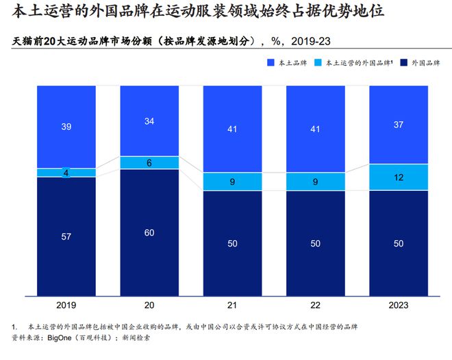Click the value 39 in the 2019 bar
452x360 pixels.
pyautogui.click(x=66, y=127)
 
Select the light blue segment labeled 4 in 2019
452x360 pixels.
pyautogui.click(x=66, y=172)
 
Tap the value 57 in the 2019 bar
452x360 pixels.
pyautogui.click(x=66, y=236)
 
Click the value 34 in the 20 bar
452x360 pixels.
pyautogui.click(x=149, y=122)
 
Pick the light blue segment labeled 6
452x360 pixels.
pyautogui.click(x=149, y=163)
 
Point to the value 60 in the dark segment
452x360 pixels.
pyautogui.click(x=149, y=232)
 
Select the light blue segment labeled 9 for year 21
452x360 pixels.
pyautogui.click(x=232, y=181)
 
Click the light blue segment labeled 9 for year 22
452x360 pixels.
pyautogui.click(x=315, y=181)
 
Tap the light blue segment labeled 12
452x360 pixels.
pyautogui.click(x=399, y=177)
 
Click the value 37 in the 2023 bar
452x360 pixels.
pyautogui.click(x=399, y=125)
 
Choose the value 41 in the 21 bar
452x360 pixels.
pyautogui.click(x=232, y=129)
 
